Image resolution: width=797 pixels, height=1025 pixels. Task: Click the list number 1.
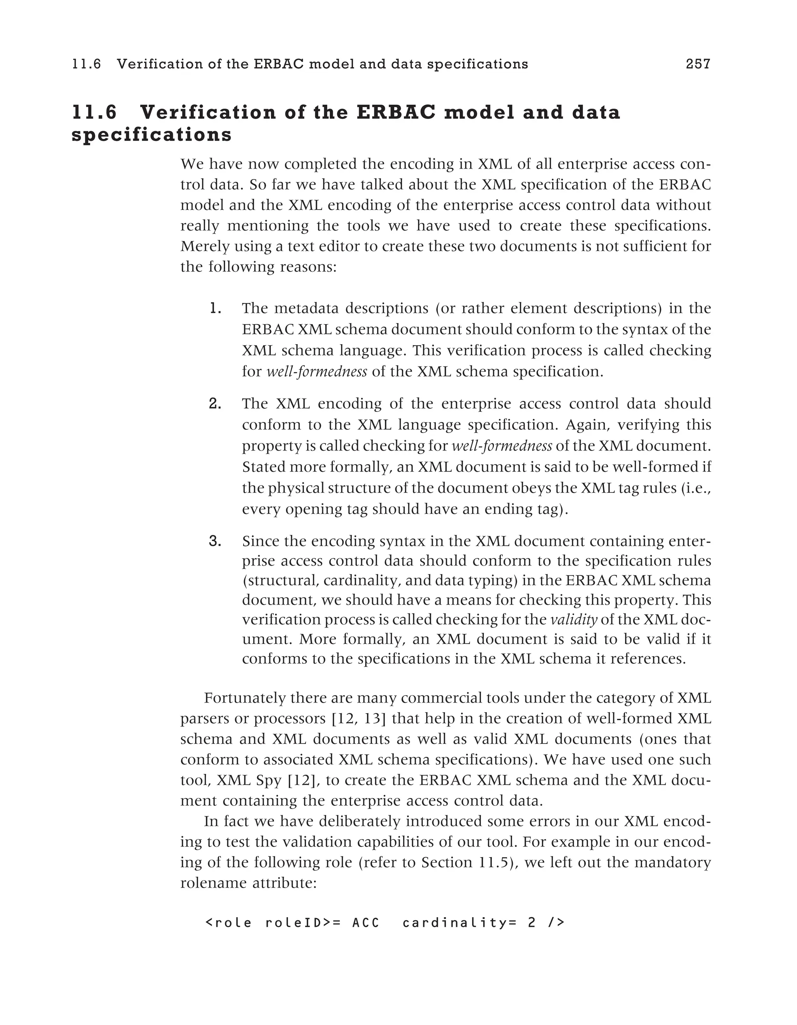point(215,308)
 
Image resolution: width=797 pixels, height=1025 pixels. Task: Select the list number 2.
point(215,404)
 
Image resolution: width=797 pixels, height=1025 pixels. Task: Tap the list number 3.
point(215,541)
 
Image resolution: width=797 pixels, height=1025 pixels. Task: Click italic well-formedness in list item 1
point(317,372)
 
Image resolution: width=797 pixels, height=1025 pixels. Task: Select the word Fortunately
point(244,698)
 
